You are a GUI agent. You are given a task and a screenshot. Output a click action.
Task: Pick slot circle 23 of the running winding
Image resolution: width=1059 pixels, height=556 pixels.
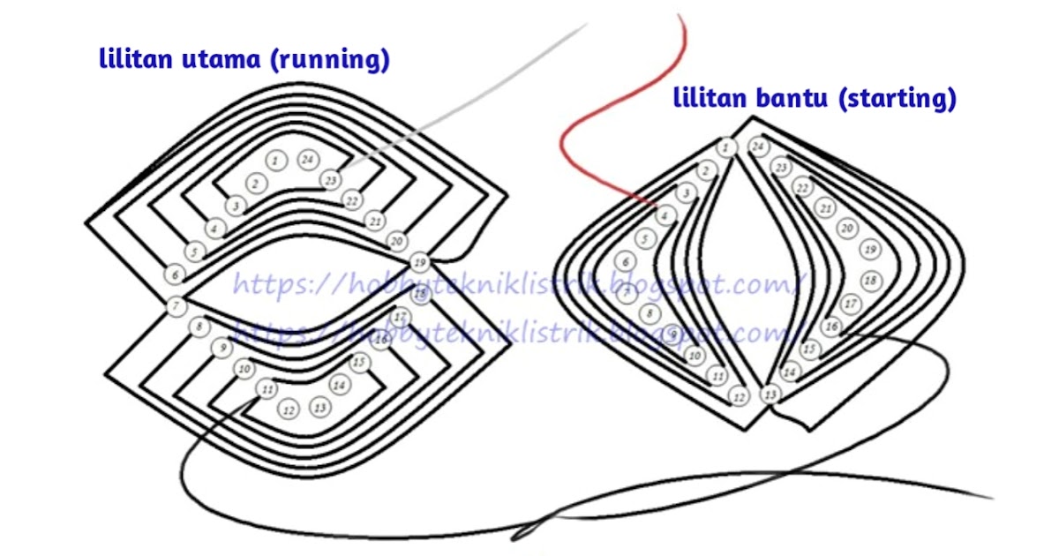tap(330, 179)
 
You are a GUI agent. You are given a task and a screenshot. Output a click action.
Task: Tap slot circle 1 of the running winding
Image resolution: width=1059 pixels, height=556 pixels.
tap(276, 161)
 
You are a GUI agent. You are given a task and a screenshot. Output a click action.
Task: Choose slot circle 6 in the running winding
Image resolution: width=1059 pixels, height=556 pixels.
tap(175, 274)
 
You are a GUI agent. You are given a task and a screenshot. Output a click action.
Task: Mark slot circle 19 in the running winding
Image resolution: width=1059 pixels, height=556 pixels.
tap(420, 262)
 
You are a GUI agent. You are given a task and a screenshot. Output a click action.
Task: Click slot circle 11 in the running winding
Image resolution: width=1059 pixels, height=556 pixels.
tap(265, 387)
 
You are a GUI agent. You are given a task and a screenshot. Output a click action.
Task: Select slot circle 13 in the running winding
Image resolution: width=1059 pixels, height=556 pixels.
tap(320, 407)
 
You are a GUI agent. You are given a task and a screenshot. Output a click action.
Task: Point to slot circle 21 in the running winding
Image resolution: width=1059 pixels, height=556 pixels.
tap(375, 220)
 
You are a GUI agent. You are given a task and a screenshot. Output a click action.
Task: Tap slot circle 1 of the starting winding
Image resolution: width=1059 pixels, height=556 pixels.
tap(726, 147)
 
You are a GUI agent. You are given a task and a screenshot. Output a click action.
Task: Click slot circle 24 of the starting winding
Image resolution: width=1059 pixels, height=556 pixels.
tap(758, 147)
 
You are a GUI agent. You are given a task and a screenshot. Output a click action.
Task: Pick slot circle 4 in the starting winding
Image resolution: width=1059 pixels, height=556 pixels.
tap(665, 214)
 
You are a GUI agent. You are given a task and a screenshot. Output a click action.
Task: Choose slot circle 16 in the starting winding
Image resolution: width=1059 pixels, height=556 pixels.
tap(831, 327)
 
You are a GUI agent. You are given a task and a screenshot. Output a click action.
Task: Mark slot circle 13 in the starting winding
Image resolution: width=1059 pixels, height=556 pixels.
tap(771, 394)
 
